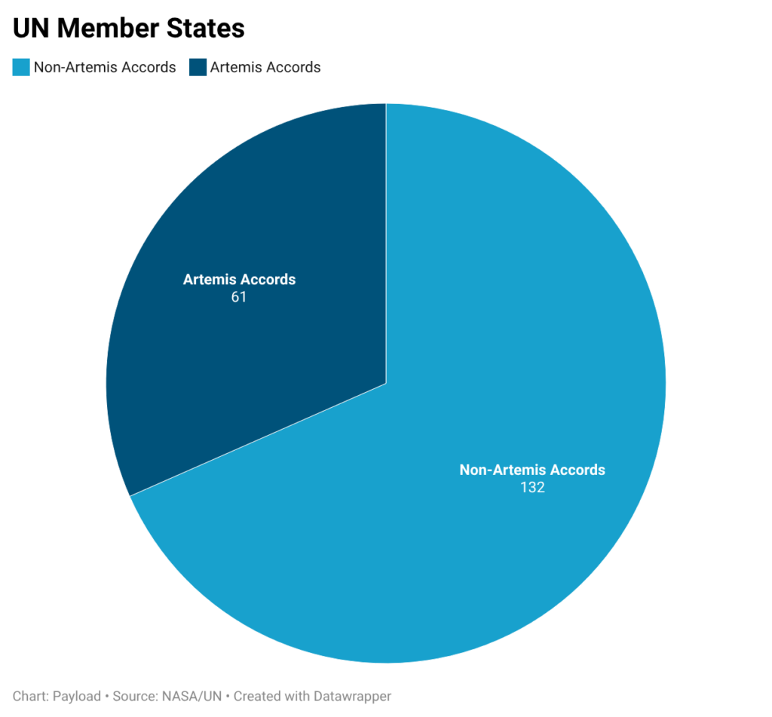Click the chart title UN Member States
point(129,29)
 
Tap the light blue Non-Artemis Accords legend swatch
point(21,67)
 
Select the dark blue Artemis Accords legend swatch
point(198,67)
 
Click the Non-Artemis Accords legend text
point(105,67)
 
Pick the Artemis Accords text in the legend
point(265,67)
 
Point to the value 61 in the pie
point(239,297)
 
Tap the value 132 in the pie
point(532,487)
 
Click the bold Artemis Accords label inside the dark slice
point(239,280)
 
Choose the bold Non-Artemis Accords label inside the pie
point(532,470)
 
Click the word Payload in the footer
point(77,696)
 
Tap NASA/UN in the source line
point(193,696)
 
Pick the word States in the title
point(208,29)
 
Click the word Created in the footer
point(256,696)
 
